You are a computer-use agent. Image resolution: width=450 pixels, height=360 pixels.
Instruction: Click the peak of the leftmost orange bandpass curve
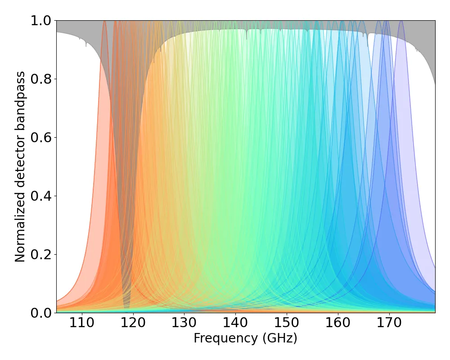click(x=105, y=22)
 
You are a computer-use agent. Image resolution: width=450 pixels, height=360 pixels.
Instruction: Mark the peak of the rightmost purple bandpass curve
click(x=401, y=22)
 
